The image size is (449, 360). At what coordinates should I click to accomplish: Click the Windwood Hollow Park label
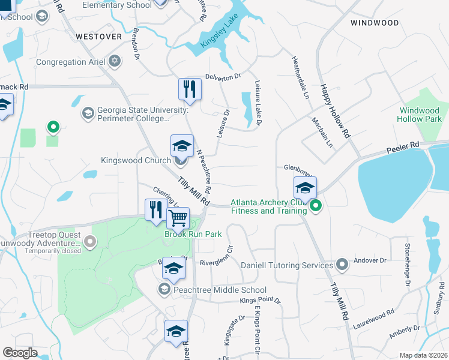pos(419,115)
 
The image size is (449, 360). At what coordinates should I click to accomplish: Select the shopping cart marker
pos(178,218)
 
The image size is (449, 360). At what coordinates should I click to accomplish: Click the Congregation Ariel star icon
pos(115,62)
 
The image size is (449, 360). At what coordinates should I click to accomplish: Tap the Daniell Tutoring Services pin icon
pos(342,264)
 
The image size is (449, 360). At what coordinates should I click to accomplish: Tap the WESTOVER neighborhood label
pos(95,36)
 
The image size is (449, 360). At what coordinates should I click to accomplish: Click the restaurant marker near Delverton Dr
pos(190,89)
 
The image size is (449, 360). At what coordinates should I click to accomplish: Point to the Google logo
pos(20,353)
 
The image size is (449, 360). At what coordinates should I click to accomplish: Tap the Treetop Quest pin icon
pos(91,242)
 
